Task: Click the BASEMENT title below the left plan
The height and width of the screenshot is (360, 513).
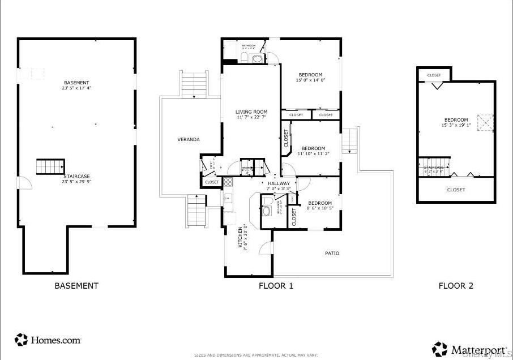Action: (76, 286)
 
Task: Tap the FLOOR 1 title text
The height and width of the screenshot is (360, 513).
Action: (276, 286)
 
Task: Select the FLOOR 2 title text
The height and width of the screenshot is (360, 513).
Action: (455, 286)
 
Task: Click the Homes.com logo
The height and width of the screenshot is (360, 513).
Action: (48, 340)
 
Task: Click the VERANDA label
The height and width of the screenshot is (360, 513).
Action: (188, 139)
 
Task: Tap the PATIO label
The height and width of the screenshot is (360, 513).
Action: (332, 253)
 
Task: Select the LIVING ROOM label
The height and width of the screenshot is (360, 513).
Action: (251, 112)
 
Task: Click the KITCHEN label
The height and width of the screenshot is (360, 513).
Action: (241, 238)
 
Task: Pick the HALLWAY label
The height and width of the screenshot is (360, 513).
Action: (279, 183)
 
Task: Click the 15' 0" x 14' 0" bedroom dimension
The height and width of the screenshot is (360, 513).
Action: (310, 80)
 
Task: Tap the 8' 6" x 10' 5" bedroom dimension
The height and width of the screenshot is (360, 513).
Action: (320, 208)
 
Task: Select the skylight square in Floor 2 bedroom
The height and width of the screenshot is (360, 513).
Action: (485, 123)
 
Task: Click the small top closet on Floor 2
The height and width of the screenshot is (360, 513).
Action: (434, 75)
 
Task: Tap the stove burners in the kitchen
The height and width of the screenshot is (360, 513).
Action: (228, 182)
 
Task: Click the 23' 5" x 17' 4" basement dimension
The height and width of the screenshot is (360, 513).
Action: (76, 88)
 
